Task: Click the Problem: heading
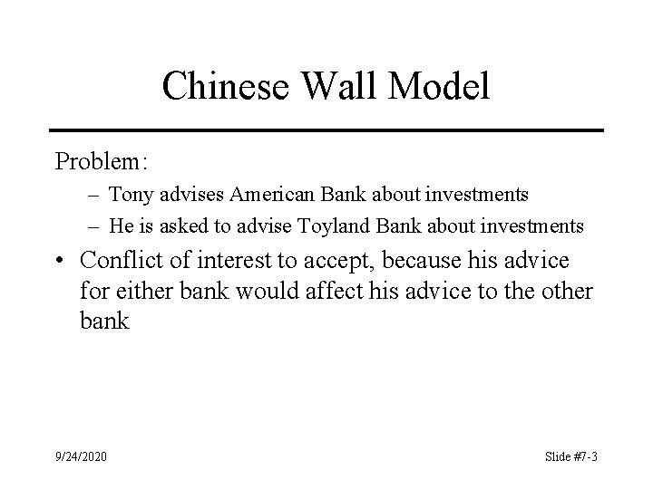pos(101,161)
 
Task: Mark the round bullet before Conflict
pos(60,262)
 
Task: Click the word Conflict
pos(122,261)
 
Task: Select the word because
pos(419,261)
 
